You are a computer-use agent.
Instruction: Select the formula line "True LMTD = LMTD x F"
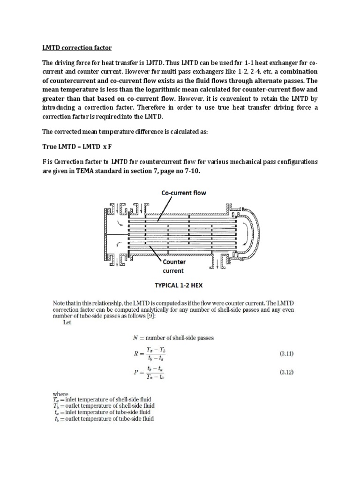pyautogui.click(x=77, y=147)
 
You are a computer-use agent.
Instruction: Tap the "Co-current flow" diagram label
pyautogui.click(x=184, y=193)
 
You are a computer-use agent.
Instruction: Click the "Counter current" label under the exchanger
pyautogui.click(x=173, y=266)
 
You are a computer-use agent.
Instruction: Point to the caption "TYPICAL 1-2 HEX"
pyautogui.click(x=180, y=285)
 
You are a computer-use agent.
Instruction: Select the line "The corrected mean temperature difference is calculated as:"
pyautogui.click(x=125, y=132)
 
